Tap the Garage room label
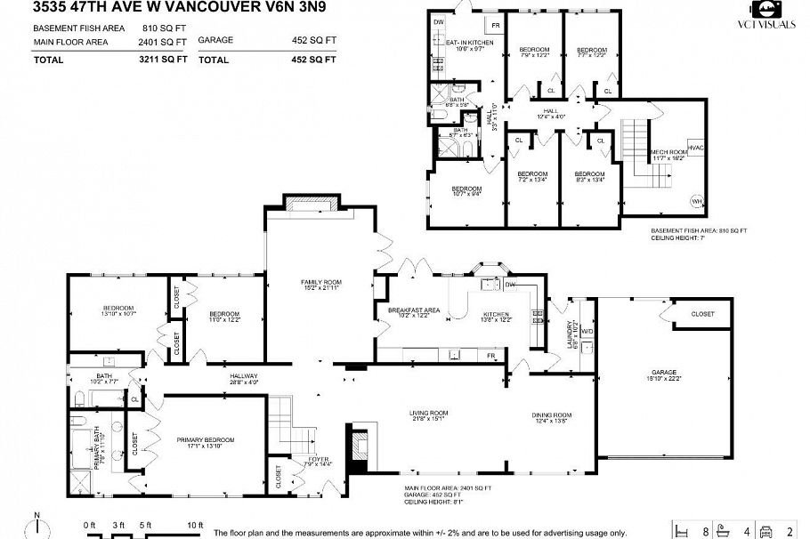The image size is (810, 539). coord(663,372)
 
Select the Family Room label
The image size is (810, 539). coord(320,283)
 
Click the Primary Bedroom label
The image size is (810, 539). coord(205,440)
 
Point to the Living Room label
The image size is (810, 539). coord(427,413)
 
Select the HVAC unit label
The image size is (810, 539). coord(696,148)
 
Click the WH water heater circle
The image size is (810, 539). coord(696,200)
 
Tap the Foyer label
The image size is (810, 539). coord(319,459)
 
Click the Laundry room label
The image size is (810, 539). coord(575,334)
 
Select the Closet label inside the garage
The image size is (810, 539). coord(702,314)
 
